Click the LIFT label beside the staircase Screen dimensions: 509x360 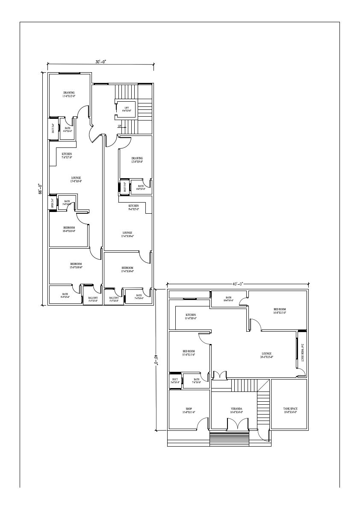127,109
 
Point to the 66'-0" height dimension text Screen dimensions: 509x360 39,189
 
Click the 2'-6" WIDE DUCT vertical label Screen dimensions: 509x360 302,353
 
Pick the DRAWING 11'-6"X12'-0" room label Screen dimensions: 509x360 69,94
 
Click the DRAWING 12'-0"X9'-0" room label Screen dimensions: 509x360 137,160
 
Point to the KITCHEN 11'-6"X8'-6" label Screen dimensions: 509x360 191,316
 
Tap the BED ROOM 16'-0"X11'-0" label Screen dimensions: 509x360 280,311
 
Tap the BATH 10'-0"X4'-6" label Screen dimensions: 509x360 228,299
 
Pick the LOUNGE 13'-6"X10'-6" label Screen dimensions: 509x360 127,234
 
